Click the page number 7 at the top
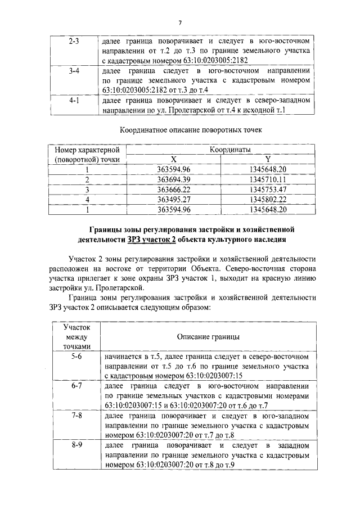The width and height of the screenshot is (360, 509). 179,23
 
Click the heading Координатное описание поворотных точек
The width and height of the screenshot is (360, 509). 180,130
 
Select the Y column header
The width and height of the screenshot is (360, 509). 268,160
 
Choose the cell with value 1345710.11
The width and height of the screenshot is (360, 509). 268,179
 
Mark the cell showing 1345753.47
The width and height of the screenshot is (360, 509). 268,190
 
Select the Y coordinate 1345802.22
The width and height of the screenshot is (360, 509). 268,200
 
